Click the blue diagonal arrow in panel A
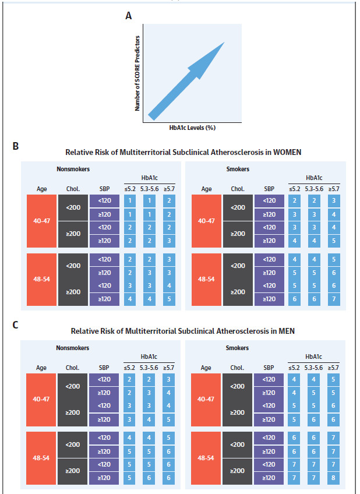(186, 81)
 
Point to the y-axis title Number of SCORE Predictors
(137, 73)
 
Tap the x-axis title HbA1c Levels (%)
(192, 128)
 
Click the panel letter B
(15, 146)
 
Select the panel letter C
(15, 325)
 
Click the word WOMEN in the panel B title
(287, 152)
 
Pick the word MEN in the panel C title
(287, 331)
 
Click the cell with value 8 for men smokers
(333, 478)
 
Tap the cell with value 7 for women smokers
(334, 299)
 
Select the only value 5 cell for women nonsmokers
(169, 299)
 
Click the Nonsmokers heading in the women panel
(73, 169)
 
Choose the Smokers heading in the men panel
(237, 348)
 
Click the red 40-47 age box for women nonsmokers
(41, 221)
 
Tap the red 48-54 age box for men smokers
(206, 458)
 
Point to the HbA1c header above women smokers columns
(314, 178)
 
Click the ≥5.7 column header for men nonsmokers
(168, 368)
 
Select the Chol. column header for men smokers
(237, 368)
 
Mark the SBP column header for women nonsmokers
(105, 189)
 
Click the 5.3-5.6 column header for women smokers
(314, 189)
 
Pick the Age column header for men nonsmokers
(41, 368)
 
